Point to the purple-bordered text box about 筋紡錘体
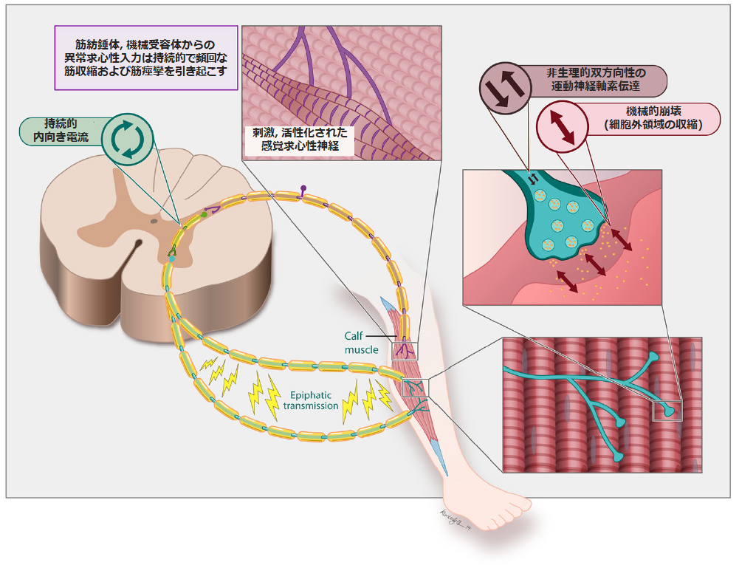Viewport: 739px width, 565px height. click(x=145, y=58)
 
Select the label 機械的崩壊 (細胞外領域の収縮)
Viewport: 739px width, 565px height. click(x=647, y=118)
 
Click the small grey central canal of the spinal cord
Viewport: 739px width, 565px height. click(x=154, y=220)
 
